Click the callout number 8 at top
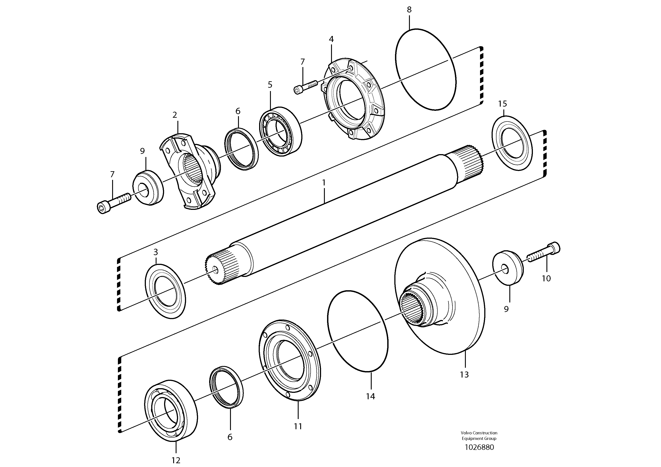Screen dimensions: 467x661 click(409, 10)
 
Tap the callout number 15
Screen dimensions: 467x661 click(502, 104)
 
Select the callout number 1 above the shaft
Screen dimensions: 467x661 click(324, 183)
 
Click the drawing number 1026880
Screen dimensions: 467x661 click(479, 447)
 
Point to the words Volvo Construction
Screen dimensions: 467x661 click(479, 433)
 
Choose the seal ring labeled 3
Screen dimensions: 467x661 click(165, 291)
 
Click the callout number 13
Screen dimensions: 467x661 click(464, 375)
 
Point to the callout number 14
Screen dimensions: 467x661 click(371, 396)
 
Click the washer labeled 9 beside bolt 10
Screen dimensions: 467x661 click(508, 268)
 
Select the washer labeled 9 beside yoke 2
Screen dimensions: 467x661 click(148, 187)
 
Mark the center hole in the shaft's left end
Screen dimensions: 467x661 click(215, 269)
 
